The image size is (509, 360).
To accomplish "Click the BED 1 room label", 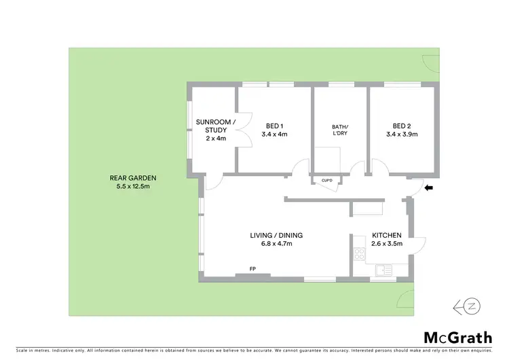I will pyautogui.click(x=274, y=126).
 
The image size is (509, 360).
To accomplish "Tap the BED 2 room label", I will pyautogui.click(x=402, y=126).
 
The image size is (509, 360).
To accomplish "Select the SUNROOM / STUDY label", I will pyautogui.click(x=215, y=126).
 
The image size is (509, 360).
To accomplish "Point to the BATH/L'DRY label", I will pyautogui.click(x=339, y=130).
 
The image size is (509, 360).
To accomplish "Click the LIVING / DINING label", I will pyautogui.click(x=276, y=235).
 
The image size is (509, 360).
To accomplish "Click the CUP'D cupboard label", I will pyautogui.click(x=326, y=181).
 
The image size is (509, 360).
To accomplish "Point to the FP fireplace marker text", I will pyautogui.click(x=252, y=270).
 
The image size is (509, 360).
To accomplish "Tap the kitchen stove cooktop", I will pyautogui.click(x=358, y=256).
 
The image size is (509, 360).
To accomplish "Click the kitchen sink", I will pyautogui.click(x=383, y=270).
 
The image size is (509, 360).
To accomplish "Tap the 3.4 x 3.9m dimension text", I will pyautogui.click(x=402, y=134).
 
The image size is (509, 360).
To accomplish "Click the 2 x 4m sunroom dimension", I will pyautogui.click(x=215, y=138).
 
